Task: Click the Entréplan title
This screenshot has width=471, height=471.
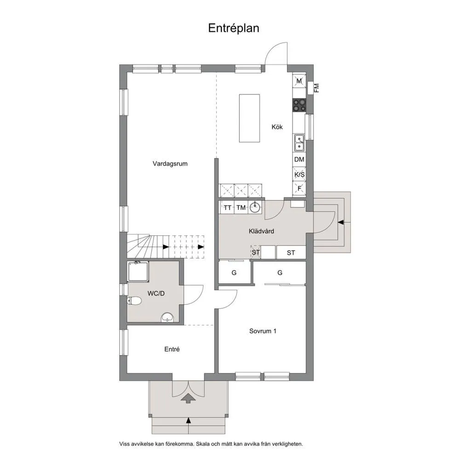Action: pos(234,28)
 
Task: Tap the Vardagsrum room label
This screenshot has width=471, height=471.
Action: pos(170,163)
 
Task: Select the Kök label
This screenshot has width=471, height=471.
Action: pos(277,127)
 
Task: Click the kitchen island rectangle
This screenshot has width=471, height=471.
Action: pos(249,118)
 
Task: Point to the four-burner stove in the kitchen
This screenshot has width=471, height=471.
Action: pos(299,105)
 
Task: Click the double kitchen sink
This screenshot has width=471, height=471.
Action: pos(299,143)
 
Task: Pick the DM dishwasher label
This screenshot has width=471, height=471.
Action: pos(299,160)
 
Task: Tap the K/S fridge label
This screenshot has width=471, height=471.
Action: pos(299,175)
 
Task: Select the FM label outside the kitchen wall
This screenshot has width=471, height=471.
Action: pos(316,88)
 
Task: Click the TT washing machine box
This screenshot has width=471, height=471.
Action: pos(228,207)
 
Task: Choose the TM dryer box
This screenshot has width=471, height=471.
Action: pos(241,207)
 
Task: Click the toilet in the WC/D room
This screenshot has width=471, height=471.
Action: pos(134,301)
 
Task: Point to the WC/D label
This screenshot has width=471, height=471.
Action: pos(155,293)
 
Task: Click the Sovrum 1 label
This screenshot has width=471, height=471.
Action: pos(263,331)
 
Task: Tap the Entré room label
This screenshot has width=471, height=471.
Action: pos(172,350)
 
